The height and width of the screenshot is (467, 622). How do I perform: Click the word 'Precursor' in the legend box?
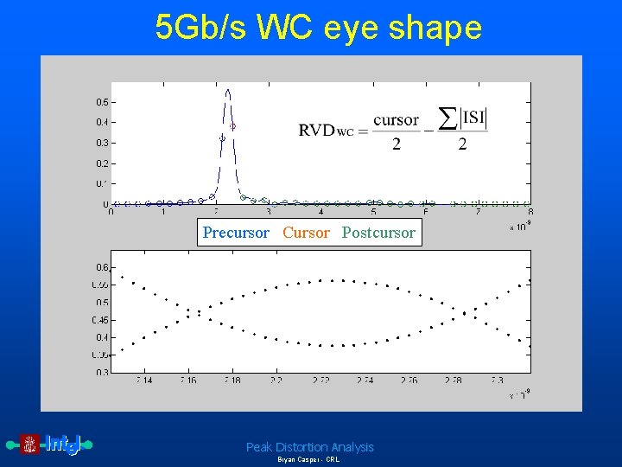point(236,233)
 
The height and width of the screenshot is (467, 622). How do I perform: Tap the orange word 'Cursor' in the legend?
point(306,233)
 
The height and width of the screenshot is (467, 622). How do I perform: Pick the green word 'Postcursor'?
point(378,233)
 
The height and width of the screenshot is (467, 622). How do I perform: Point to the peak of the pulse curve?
point(227,90)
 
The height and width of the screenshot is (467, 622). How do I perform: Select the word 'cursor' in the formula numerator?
point(396,120)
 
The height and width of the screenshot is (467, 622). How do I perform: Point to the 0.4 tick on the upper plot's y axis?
point(102,122)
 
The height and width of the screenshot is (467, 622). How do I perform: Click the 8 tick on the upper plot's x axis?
point(530,213)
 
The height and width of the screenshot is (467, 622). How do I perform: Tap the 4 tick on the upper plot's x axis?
point(321,213)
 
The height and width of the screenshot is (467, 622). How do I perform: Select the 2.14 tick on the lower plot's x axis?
point(143,381)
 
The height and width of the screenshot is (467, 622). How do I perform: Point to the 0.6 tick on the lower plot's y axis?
point(102,267)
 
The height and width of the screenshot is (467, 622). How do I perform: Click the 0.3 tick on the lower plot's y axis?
point(102,373)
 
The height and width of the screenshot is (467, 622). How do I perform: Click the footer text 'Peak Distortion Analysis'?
point(309,447)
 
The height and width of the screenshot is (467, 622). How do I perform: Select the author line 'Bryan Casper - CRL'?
point(308,460)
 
